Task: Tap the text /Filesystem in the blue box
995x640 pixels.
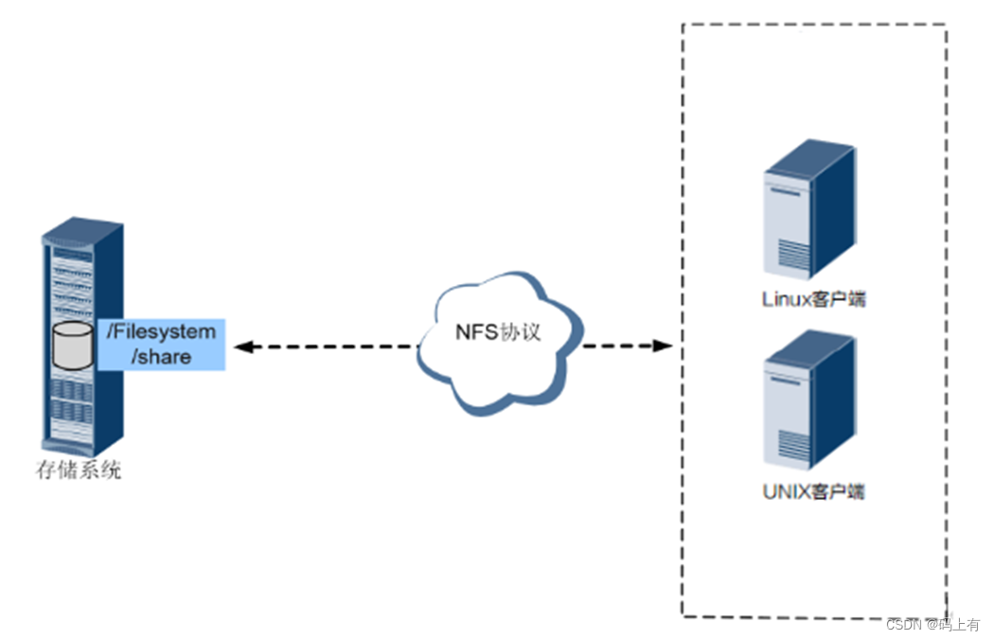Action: point(161,333)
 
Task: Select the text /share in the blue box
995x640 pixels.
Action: point(161,357)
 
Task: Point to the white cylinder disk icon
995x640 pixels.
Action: point(74,346)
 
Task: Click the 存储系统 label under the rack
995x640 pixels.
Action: point(79,471)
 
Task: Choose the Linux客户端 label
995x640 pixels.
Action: point(814,300)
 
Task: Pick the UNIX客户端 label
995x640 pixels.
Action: point(814,491)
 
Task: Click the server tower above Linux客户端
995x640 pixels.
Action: point(809,210)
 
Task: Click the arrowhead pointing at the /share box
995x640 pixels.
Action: point(242,347)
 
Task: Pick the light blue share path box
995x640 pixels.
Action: point(161,345)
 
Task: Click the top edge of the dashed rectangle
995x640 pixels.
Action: point(814,25)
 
